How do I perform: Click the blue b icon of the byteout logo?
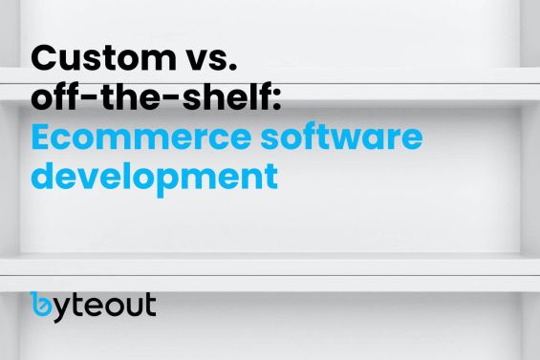pos(42,305)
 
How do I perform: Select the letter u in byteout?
pos(132,307)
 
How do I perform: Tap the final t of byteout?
pos(149,305)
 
